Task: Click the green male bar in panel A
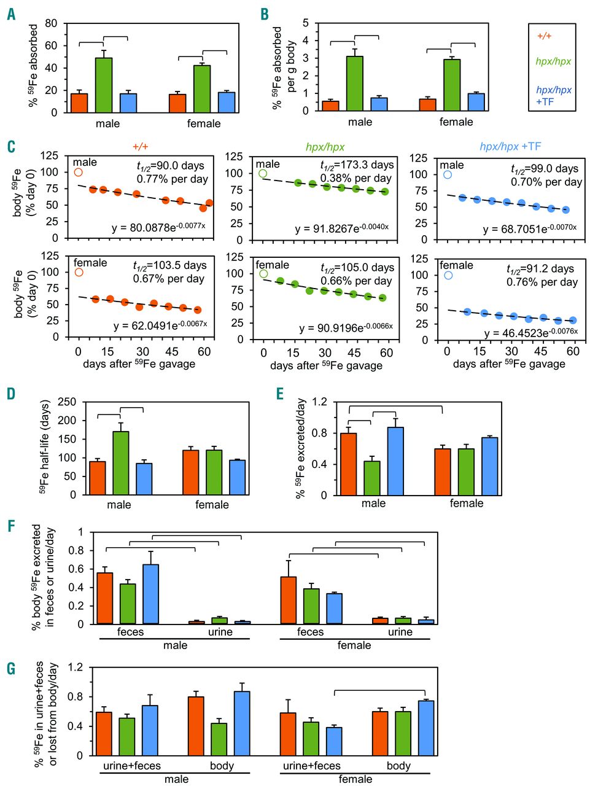pos(104,85)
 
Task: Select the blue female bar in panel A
pos(227,103)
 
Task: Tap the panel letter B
pos(265,14)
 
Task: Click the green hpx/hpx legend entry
pos(553,61)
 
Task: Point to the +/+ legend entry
pos(544,36)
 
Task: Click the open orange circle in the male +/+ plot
pos(79,173)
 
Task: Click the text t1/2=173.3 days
pos(357,165)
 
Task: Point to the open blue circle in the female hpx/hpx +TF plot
pos(448,275)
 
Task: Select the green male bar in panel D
pos(121,463)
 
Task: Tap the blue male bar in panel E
pos(395,461)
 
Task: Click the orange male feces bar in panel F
pos(105,598)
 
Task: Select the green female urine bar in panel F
pos(403,620)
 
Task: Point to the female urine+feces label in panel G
pos(311,766)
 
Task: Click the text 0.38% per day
pos(356,179)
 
